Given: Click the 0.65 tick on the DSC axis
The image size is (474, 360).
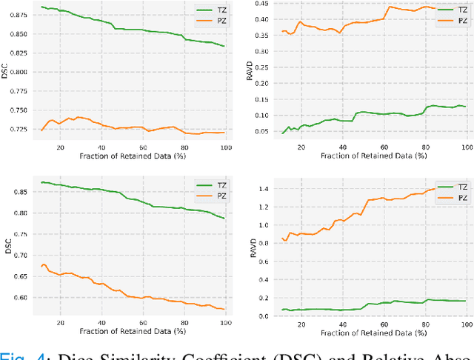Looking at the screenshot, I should coord(16,255).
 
